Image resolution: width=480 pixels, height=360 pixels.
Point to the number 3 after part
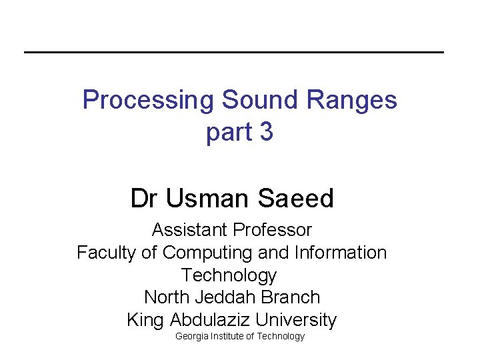[266, 132]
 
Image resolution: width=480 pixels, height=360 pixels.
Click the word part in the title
[229, 133]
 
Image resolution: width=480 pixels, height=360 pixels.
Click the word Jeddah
[217, 297]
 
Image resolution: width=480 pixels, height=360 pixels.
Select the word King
[144, 320]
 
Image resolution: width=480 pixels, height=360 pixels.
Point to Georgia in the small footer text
[191, 337]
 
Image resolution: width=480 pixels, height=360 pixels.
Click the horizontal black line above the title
[233, 52]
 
